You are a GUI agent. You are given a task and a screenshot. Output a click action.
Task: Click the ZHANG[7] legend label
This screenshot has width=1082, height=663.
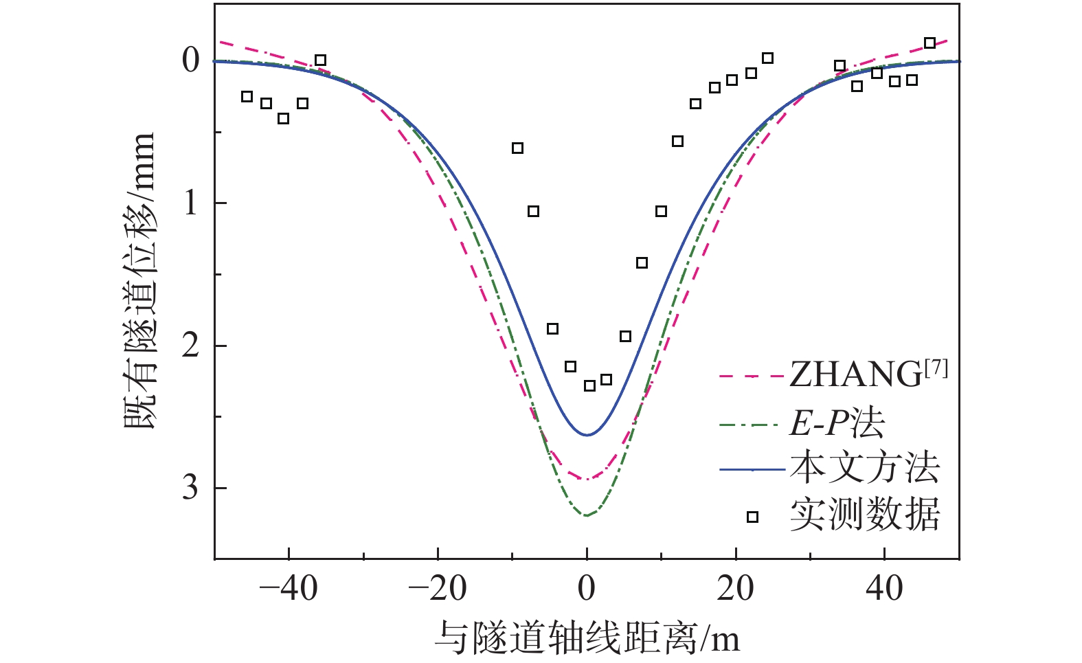868,374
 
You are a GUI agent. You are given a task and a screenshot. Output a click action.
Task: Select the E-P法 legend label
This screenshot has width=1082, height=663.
836,423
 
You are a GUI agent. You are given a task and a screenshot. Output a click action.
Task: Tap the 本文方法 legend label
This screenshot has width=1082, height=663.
864,469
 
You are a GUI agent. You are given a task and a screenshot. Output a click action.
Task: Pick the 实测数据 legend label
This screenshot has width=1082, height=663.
864,515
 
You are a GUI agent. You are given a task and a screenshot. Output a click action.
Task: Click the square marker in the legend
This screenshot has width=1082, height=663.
752,517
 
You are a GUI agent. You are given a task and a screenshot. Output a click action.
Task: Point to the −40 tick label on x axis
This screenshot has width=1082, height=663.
289,588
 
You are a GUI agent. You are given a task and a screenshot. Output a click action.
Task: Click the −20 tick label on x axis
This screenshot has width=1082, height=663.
437,588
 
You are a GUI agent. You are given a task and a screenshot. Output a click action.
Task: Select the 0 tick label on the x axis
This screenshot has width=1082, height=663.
587,588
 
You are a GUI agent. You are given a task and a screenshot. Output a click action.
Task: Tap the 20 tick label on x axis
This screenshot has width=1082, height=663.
736,588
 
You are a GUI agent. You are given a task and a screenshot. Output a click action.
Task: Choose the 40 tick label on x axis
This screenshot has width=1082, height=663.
885,588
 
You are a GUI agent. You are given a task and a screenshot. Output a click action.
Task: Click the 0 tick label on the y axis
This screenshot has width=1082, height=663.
190,60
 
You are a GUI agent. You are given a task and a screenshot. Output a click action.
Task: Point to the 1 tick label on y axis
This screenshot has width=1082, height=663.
190,203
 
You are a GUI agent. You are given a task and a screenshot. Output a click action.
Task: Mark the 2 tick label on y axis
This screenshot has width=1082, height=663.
190,346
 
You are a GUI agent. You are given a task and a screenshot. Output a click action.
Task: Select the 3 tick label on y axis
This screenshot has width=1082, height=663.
190,488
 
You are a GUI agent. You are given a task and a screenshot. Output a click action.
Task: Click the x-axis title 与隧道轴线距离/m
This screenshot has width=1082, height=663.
587,638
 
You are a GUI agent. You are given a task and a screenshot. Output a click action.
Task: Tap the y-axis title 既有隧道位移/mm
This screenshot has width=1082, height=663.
141,282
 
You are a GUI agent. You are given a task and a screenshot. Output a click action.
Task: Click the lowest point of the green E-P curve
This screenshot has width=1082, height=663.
587,515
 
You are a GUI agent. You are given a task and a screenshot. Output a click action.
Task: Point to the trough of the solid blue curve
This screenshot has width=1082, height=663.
587,435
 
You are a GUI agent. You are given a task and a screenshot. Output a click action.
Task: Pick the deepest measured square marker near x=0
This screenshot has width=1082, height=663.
589,385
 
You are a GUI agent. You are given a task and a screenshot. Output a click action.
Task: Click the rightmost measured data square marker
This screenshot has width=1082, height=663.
929,43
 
